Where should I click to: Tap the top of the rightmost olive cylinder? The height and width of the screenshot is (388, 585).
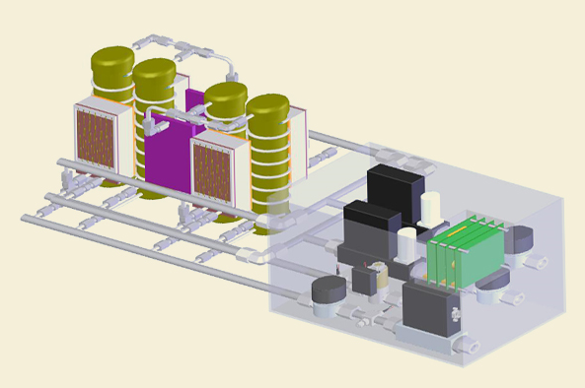tap(267, 106)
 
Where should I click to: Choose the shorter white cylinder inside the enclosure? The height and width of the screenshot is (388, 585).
tap(408, 244)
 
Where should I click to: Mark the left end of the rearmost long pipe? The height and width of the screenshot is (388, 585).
tap(63, 162)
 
